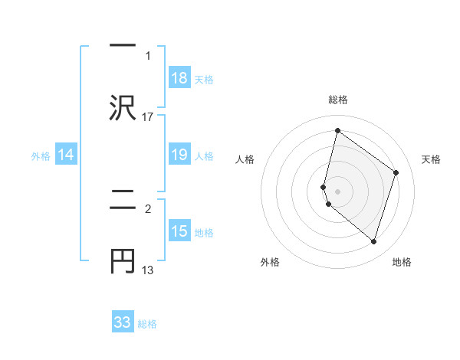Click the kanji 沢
coord(123,106)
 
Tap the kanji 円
coord(123,261)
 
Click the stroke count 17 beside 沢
coord(148,116)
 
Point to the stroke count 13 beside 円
coord(148,270)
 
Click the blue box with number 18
coord(179,78)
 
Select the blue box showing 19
coord(179,155)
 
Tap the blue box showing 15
coord(179,231)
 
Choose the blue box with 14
coord(66,155)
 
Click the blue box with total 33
coord(123,322)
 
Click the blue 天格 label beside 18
coord(204,79)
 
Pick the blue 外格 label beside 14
coord(41,155)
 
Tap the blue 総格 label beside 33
coord(147,323)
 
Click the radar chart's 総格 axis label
coord(338,100)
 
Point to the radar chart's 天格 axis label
coord(431,159)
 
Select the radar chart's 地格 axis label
coord(402,262)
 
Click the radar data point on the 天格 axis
coord(396,172)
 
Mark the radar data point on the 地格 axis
coord(373,242)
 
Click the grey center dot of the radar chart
coord(338,191)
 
